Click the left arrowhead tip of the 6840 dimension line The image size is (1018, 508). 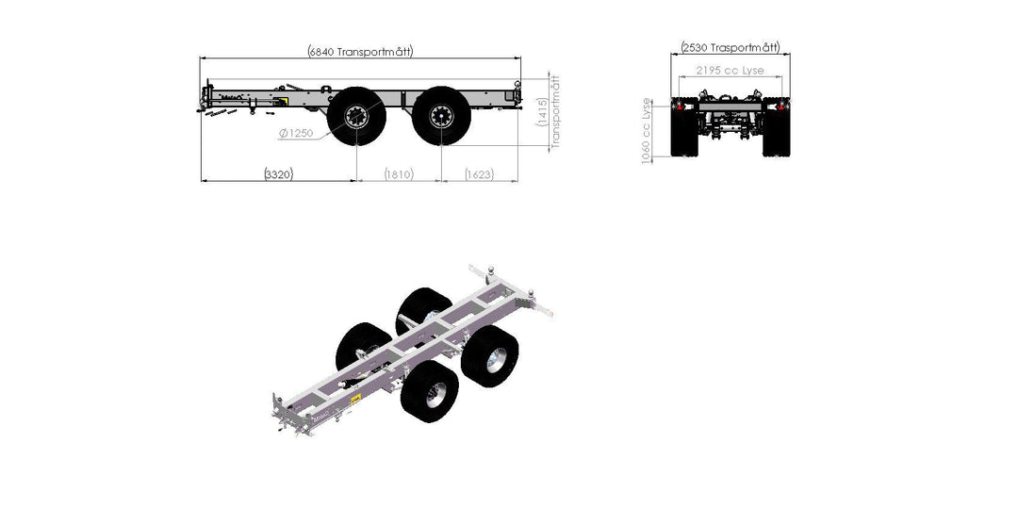point(200,58)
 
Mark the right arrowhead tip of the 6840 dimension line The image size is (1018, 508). point(520,58)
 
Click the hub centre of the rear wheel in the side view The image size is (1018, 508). point(441,116)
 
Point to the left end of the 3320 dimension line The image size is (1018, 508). point(201,180)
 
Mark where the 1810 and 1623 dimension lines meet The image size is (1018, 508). point(441,180)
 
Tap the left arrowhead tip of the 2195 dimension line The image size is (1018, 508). point(679,76)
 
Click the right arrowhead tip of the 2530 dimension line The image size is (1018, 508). point(790,55)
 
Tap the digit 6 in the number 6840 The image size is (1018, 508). point(314,52)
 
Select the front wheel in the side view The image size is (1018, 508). point(356,116)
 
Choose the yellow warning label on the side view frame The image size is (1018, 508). point(282,101)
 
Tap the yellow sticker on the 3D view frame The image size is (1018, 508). point(355,401)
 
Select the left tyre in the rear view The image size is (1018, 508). point(684,127)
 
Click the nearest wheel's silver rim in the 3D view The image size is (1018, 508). point(435,395)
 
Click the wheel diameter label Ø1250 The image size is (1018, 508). point(297,134)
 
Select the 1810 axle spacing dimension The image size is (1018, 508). point(399,173)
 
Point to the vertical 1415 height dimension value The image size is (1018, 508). point(542,112)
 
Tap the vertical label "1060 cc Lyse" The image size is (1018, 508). point(647,131)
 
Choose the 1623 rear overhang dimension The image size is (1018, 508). point(479,173)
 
